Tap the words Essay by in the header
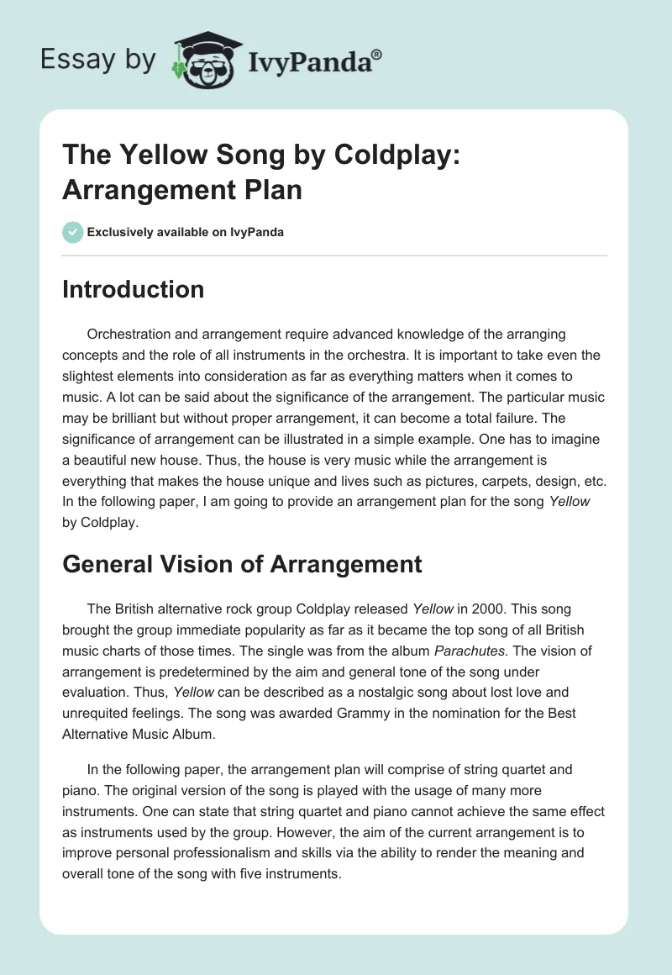(98, 60)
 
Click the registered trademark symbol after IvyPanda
(377, 54)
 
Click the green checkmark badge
(72, 232)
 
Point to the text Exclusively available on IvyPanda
(186, 232)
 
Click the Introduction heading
(133, 289)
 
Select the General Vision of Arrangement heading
(242, 564)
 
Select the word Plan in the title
(271, 189)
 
